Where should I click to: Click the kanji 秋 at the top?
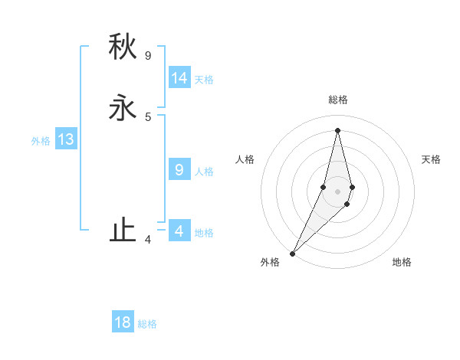(x=123, y=47)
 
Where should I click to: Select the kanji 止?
(x=123, y=231)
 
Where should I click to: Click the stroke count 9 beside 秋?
(x=148, y=55)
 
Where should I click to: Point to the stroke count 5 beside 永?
(x=148, y=116)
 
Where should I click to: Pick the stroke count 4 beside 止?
(x=148, y=240)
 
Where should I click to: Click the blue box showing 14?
(x=179, y=78)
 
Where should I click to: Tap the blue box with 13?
(x=66, y=139)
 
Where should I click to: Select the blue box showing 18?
(x=123, y=322)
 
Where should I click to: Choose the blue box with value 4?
(x=179, y=231)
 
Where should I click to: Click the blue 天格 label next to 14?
(x=204, y=80)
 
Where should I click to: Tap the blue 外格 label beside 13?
(x=41, y=141)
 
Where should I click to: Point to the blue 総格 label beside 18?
(x=147, y=324)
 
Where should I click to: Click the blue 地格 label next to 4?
(x=204, y=233)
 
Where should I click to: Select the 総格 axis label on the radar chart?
(x=337, y=100)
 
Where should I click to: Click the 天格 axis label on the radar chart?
(x=431, y=159)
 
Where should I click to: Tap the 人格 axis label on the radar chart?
(x=245, y=159)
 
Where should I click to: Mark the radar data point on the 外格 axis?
(x=293, y=252)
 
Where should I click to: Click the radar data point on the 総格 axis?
(x=337, y=130)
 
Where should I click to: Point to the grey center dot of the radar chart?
(x=337, y=191)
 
